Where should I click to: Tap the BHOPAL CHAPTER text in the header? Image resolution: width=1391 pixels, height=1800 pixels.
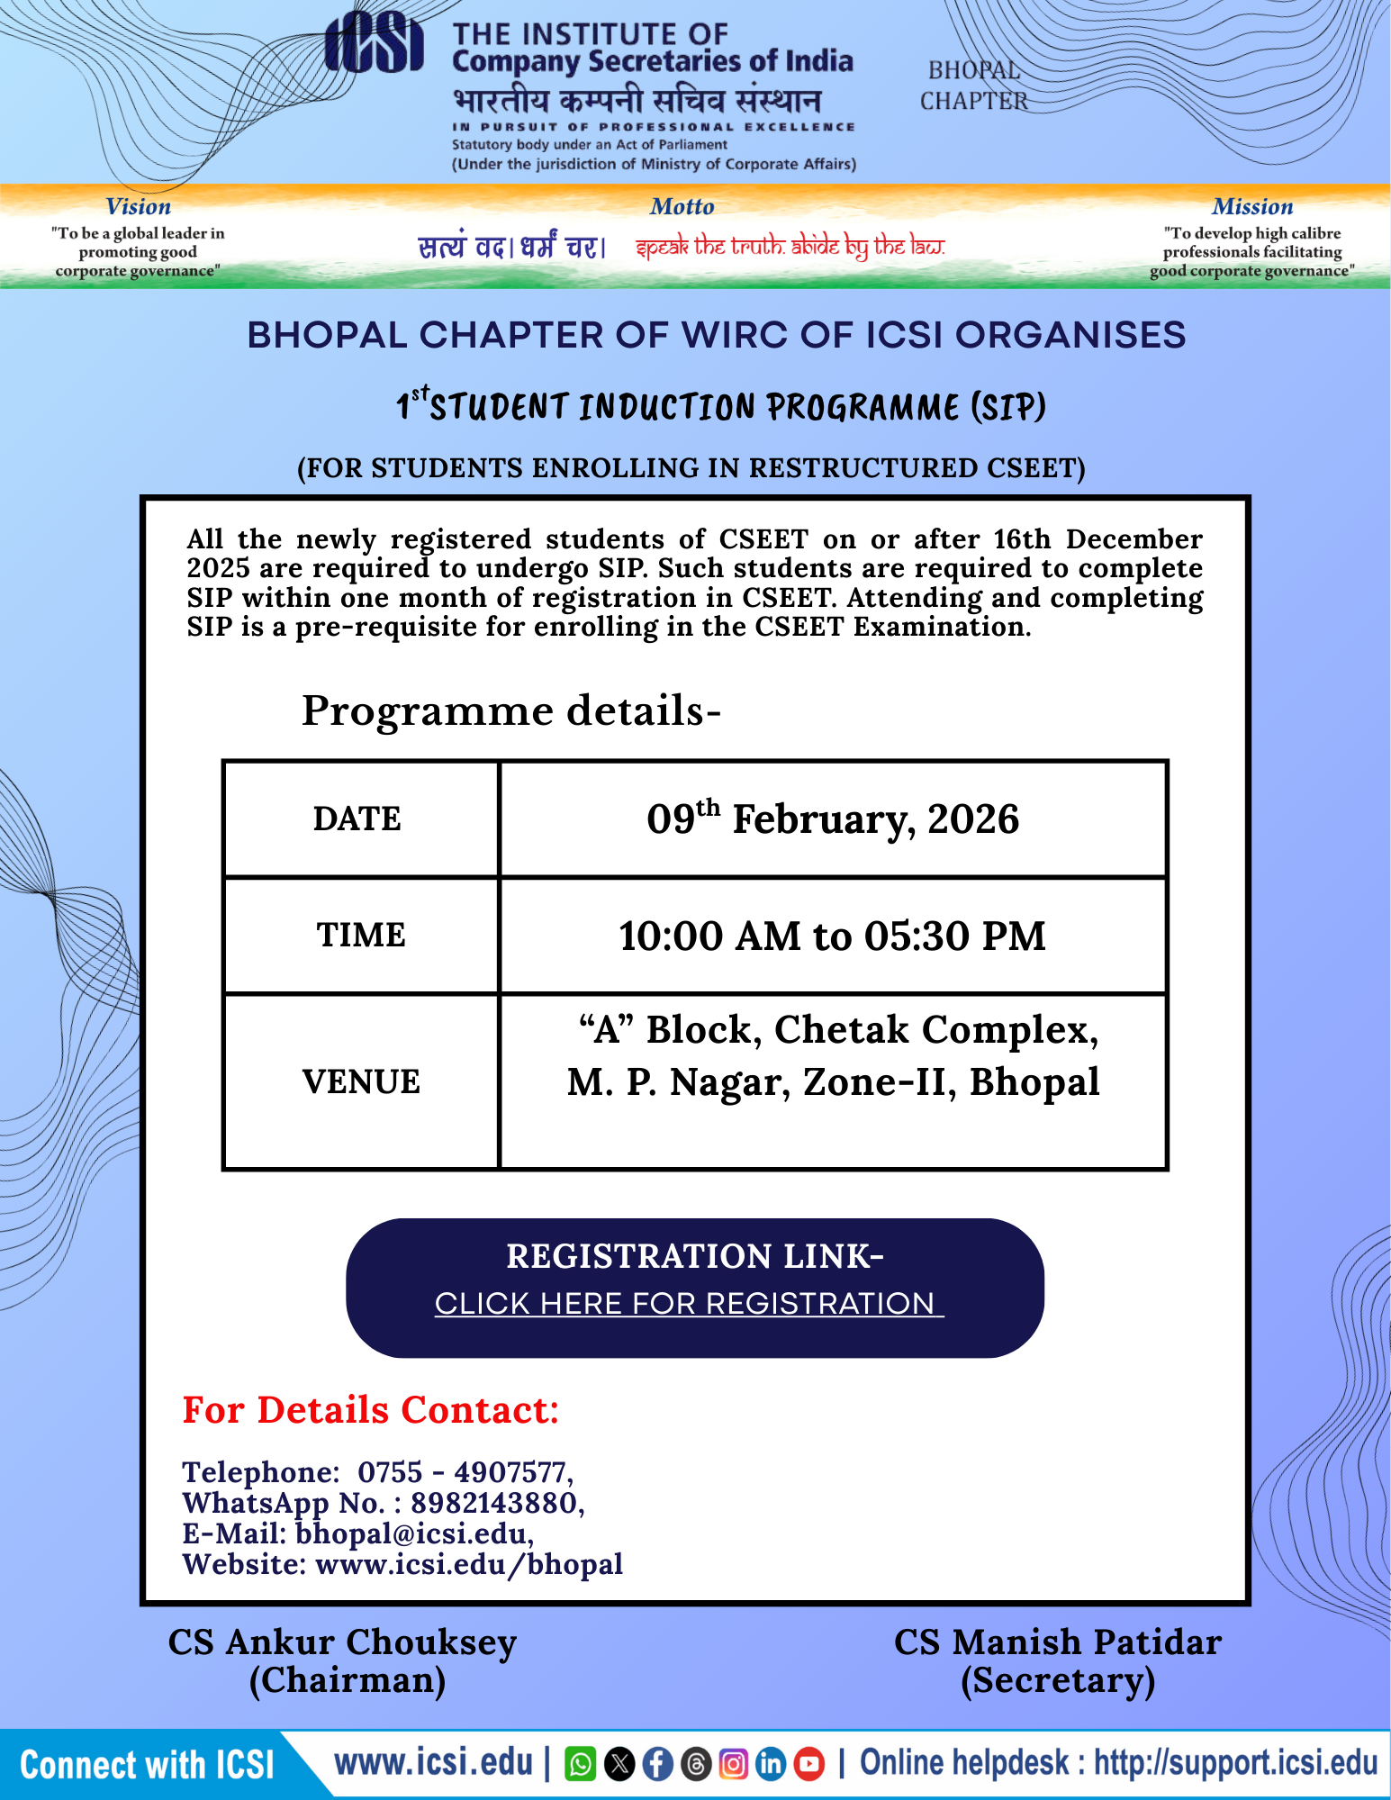click(974, 86)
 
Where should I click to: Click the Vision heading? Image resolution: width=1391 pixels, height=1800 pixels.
click(138, 207)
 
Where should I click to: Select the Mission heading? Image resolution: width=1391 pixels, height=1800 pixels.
click(1251, 207)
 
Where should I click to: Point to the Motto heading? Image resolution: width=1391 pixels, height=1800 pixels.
click(682, 207)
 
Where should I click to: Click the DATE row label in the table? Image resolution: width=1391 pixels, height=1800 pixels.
click(357, 819)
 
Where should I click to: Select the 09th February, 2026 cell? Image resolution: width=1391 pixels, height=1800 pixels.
click(833, 819)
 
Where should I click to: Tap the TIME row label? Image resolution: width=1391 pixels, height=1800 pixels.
click(360, 935)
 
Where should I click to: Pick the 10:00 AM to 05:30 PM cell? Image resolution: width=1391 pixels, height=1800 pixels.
click(833, 936)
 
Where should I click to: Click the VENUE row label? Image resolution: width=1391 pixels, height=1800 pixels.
click(360, 1081)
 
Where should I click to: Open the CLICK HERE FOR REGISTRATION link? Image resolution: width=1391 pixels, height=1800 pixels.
click(689, 1303)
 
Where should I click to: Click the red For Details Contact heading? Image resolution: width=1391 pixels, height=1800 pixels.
click(371, 1410)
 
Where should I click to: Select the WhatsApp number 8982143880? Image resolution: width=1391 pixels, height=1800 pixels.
click(493, 1503)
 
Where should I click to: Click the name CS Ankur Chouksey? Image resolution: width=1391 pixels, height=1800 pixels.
click(342, 1642)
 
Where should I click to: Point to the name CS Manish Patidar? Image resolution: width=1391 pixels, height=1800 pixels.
click(1057, 1642)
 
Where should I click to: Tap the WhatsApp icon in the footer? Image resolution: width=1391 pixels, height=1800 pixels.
click(580, 1764)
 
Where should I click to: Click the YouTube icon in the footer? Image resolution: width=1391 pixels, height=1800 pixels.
click(808, 1764)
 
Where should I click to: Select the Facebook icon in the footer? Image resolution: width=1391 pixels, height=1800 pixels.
click(657, 1764)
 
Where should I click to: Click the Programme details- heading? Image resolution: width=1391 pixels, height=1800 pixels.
click(510, 711)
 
